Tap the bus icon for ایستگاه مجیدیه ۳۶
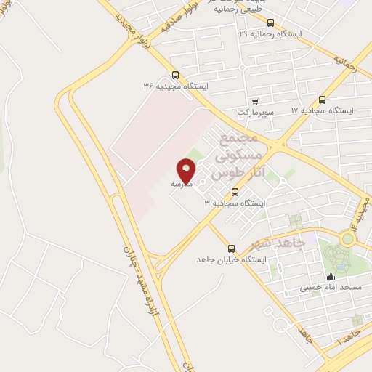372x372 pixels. coord(175,75)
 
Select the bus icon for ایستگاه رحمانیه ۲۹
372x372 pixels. coord(271,23)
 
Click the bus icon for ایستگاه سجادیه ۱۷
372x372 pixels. coord(322,100)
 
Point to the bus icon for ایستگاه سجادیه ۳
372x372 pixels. coord(235,192)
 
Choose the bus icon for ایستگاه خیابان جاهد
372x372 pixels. coord(231,248)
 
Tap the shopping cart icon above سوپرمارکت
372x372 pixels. coord(255,101)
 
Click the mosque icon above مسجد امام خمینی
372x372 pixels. coord(331,277)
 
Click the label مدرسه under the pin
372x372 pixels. coord(182,185)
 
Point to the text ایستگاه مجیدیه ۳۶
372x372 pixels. coord(176,86)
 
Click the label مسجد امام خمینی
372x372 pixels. coord(331,288)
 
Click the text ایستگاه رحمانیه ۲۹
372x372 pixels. coord(272,34)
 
